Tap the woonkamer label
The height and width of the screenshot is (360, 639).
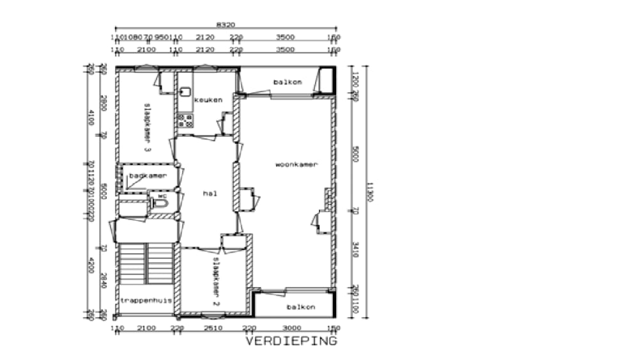(296, 165)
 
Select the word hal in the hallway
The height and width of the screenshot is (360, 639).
(208, 192)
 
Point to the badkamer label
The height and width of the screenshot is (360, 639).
(148, 175)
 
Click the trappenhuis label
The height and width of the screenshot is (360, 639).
(146, 300)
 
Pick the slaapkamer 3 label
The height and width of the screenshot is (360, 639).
(147, 127)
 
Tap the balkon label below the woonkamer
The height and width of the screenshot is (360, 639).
(301, 308)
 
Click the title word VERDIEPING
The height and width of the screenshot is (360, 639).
(291, 341)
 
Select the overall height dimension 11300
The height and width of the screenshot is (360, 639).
(369, 191)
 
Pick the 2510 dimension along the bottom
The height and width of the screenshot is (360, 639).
(213, 329)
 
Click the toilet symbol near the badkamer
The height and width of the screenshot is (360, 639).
(160, 203)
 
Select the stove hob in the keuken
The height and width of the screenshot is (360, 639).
(185, 120)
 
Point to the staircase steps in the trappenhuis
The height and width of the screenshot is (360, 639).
(146, 263)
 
